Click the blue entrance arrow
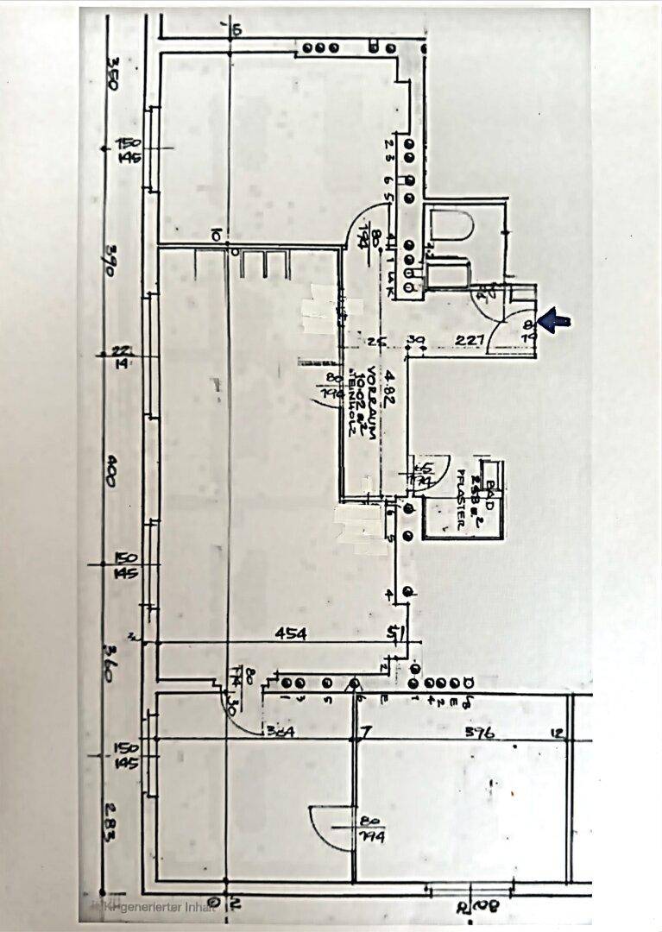point(555,322)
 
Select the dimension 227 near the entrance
point(469,340)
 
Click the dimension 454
point(291,633)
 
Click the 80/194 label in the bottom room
point(373,829)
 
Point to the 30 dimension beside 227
point(417,340)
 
